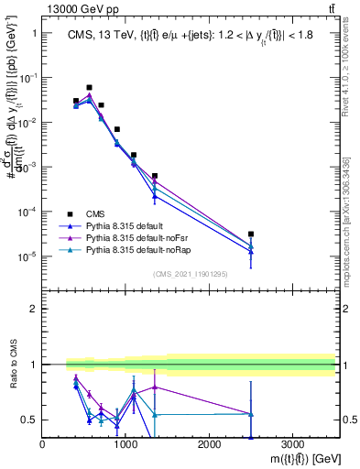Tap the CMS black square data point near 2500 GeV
tap(251, 234)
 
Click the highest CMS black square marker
tap(89, 88)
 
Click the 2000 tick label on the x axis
tap(209, 445)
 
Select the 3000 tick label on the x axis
tap(292, 445)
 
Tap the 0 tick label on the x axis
tap(43, 445)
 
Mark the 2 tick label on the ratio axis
tap(35, 309)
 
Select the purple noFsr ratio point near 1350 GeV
tap(155, 387)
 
